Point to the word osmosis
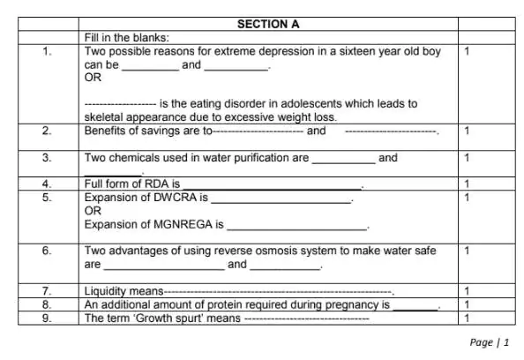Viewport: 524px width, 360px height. [x=265, y=251]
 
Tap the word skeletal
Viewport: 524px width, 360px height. [x=102, y=116]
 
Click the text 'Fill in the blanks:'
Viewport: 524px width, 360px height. [x=127, y=38]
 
